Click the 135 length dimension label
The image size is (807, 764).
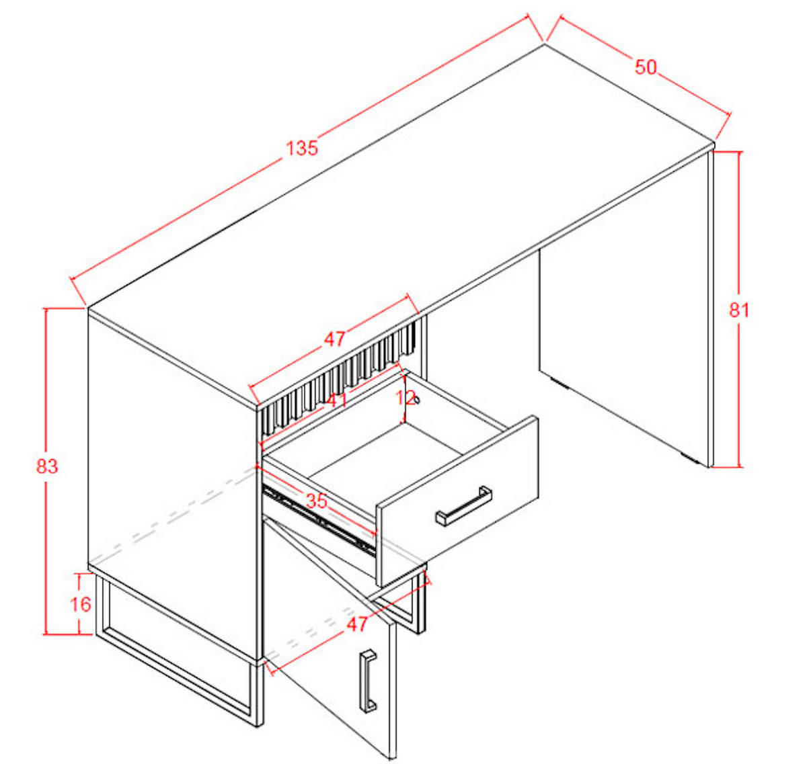pyautogui.click(x=302, y=148)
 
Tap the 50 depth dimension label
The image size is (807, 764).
pyautogui.click(x=646, y=67)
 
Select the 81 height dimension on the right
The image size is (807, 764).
pyautogui.click(x=739, y=310)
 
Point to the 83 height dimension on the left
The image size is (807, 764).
pyautogui.click(x=47, y=466)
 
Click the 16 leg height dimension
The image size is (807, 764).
pyautogui.click(x=81, y=604)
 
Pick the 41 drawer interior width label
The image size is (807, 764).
pyautogui.click(x=338, y=400)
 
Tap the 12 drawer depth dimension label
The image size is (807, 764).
pyautogui.click(x=406, y=398)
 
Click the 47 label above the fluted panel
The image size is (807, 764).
pyautogui.click(x=334, y=339)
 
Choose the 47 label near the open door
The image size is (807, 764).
pyautogui.click(x=356, y=624)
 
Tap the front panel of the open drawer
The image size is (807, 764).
pyautogui.click(x=457, y=501)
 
